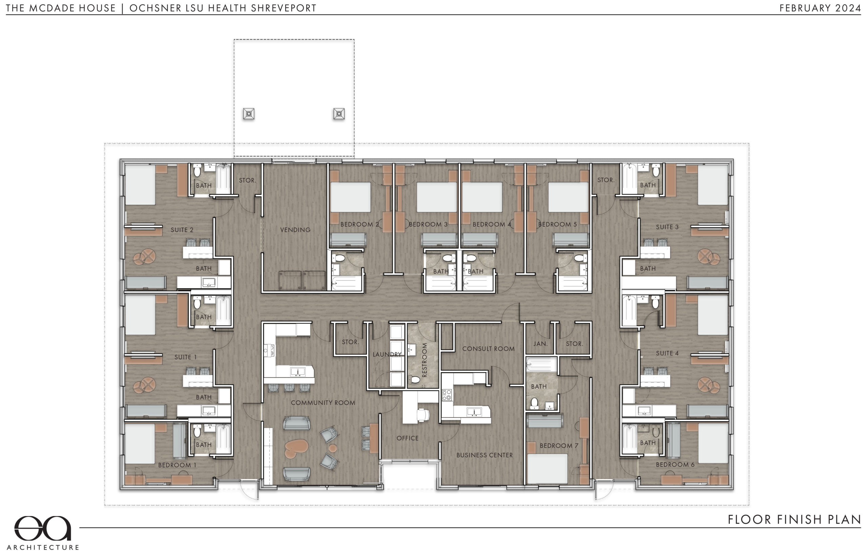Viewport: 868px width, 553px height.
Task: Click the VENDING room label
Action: [x=295, y=230]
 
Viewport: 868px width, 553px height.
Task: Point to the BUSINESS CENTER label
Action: [x=484, y=455]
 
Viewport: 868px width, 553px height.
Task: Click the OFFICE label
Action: [x=407, y=438]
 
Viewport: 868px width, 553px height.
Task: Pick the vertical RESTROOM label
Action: [x=424, y=360]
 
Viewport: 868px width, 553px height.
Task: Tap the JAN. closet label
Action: [x=540, y=344]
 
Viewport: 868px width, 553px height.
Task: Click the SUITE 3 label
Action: [x=667, y=227]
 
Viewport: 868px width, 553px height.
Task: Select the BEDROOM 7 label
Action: [x=559, y=446]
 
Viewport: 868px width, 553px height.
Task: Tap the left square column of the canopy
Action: [x=248, y=114]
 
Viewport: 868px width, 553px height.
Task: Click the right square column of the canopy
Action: [x=339, y=114]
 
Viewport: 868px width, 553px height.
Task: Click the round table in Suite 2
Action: [x=144, y=257]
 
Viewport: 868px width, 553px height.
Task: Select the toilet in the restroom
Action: [x=415, y=380]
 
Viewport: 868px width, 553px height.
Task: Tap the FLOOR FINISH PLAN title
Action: [x=794, y=519]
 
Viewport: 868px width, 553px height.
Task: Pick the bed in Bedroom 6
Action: [x=713, y=443]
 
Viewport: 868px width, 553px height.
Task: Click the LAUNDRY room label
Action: [x=387, y=355]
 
